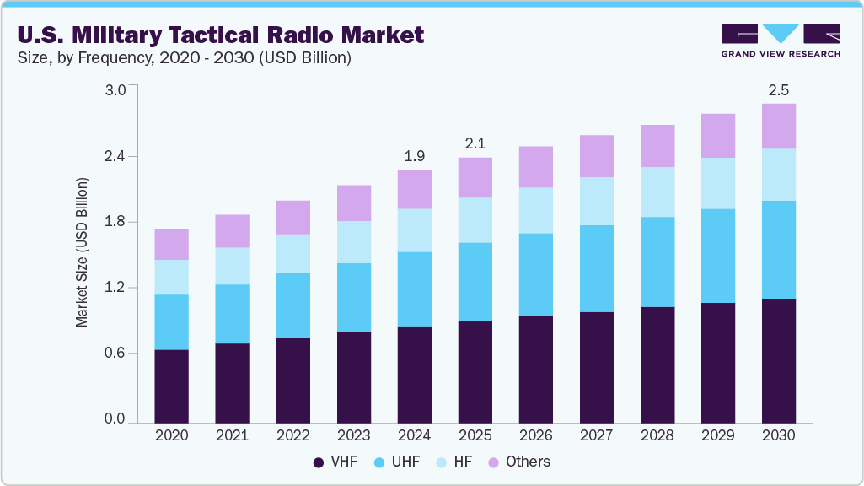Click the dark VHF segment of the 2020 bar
[x=171, y=386]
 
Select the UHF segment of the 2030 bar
[x=778, y=250]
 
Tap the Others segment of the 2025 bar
[x=475, y=177]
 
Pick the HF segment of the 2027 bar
[x=596, y=201]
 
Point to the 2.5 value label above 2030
[x=778, y=89]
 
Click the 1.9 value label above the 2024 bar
[x=414, y=155]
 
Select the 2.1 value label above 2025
[x=475, y=143]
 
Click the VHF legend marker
[x=319, y=462]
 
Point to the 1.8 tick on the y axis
[x=114, y=222]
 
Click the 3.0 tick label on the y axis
[x=114, y=90]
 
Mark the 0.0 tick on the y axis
[x=114, y=419]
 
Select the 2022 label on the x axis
[x=292, y=436]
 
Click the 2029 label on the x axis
[x=717, y=436]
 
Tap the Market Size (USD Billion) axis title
[x=82, y=253]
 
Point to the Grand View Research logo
[x=781, y=40]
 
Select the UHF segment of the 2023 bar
[x=353, y=298]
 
